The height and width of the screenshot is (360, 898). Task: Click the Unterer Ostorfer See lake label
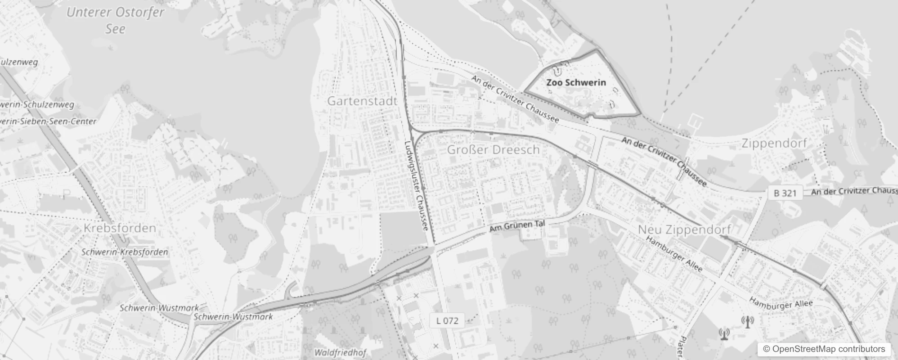click(x=115, y=20)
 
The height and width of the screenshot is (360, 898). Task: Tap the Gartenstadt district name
click(x=362, y=101)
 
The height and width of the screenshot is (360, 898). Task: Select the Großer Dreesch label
click(x=493, y=150)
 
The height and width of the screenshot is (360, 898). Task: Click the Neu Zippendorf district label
click(x=684, y=229)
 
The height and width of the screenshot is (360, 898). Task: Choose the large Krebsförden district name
click(x=120, y=228)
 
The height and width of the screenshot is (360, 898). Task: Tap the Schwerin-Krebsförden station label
click(x=125, y=252)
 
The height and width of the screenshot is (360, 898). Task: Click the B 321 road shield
click(x=785, y=193)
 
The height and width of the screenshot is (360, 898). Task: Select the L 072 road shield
click(x=447, y=321)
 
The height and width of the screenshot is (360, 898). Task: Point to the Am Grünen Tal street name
click(x=517, y=226)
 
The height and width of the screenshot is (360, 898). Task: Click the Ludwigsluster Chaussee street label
click(x=416, y=185)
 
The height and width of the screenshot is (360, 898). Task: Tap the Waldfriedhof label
click(x=340, y=352)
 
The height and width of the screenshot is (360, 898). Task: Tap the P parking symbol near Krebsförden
click(x=67, y=194)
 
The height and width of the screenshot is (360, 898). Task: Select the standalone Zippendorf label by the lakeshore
click(x=774, y=144)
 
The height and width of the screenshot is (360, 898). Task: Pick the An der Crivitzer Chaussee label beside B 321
click(x=854, y=191)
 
